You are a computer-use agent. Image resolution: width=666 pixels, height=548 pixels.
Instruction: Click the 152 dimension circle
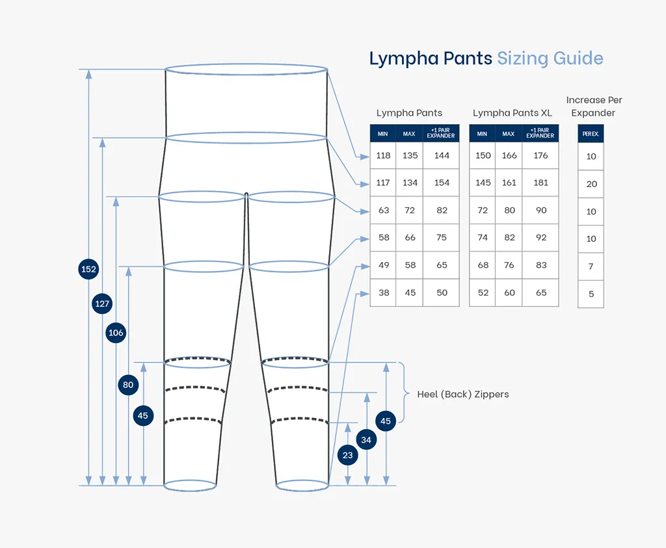(x=88, y=269)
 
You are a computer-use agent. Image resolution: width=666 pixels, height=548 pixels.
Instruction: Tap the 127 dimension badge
(x=102, y=304)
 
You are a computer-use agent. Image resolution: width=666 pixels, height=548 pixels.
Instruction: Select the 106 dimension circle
(x=116, y=333)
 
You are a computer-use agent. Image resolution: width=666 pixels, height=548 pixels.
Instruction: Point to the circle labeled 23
(x=348, y=455)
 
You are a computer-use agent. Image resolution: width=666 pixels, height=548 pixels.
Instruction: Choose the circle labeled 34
(x=367, y=440)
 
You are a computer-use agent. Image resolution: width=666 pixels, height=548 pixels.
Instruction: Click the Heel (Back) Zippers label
(x=462, y=394)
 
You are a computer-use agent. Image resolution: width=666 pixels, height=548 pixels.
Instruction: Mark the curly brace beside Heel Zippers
(x=406, y=393)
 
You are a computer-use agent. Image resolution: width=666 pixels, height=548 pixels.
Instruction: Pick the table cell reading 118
(x=383, y=155)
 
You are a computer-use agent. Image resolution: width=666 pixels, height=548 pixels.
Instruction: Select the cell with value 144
(x=442, y=155)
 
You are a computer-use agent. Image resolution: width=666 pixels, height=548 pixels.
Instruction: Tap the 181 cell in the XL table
(x=540, y=183)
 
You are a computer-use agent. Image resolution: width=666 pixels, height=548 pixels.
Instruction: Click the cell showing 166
(x=509, y=155)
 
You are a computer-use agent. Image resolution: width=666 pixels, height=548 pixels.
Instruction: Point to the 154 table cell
(x=442, y=183)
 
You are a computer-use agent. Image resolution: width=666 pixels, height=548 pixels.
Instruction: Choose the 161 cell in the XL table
(x=509, y=183)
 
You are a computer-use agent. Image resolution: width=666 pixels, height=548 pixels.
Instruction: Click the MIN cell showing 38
(x=384, y=293)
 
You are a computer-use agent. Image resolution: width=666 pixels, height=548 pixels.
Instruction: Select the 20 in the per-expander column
(x=591, y=184)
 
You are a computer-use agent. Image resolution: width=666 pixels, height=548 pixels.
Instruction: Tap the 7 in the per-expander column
(x=591, y=267)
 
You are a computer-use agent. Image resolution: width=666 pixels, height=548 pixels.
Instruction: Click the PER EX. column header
(x=591, y=134)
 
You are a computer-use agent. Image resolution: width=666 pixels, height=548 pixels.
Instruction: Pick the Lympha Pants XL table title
(x=512, y=113)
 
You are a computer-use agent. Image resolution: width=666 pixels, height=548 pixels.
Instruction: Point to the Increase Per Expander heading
(x=594, y=106)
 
